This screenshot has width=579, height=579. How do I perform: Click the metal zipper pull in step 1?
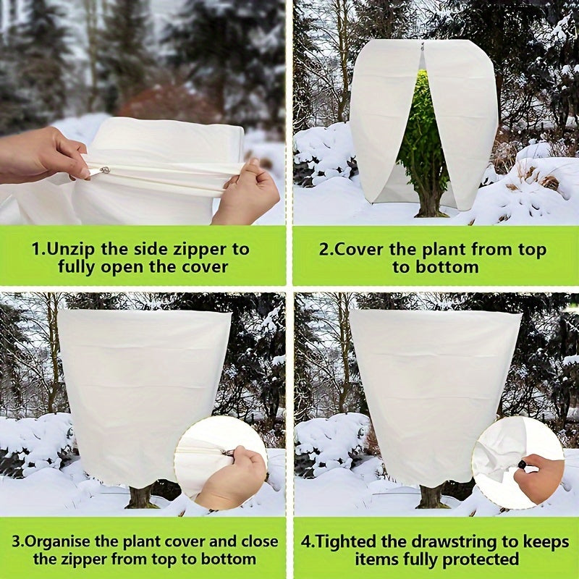pos(105,170)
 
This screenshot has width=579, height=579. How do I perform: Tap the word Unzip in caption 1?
pos(71,249)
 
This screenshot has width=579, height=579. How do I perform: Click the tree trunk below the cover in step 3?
pos(140,496)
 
